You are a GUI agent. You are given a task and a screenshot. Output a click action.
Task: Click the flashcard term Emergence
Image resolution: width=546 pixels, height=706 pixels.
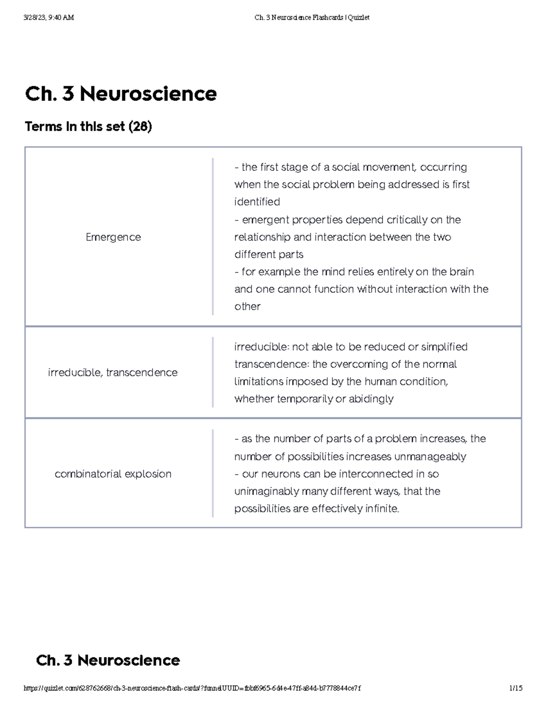[113, 237]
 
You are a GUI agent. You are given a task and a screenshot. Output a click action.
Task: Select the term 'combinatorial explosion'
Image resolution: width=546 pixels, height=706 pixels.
[113, 474]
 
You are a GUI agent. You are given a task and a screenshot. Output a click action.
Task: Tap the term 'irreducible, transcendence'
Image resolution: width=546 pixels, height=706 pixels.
[113, 372]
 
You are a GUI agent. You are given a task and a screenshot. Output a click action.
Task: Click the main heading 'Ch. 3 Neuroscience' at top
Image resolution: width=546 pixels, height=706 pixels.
[121, 94]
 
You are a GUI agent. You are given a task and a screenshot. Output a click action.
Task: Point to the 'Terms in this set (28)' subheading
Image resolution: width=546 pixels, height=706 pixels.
[88, 126]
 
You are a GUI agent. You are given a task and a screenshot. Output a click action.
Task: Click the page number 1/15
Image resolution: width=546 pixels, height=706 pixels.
[516, 688]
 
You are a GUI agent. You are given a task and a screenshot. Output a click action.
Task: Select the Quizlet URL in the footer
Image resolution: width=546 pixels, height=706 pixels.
[192, 688]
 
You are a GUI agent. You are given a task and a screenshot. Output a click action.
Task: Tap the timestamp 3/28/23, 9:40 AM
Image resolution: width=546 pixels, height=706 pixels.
[49, 18]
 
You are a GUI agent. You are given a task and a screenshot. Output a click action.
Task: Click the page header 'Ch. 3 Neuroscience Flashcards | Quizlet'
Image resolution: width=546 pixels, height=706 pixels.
[312, 18]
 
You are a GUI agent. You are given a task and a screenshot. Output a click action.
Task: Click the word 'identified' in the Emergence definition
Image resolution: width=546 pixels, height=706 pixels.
[257, 202]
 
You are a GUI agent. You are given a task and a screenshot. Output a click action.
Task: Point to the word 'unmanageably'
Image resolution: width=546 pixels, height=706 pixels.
[430, 457]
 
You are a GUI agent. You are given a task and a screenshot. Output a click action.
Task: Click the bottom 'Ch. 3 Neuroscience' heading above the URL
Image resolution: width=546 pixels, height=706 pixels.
[108, 661]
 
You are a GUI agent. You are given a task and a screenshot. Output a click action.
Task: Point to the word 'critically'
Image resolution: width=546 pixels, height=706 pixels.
[407, 220]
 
